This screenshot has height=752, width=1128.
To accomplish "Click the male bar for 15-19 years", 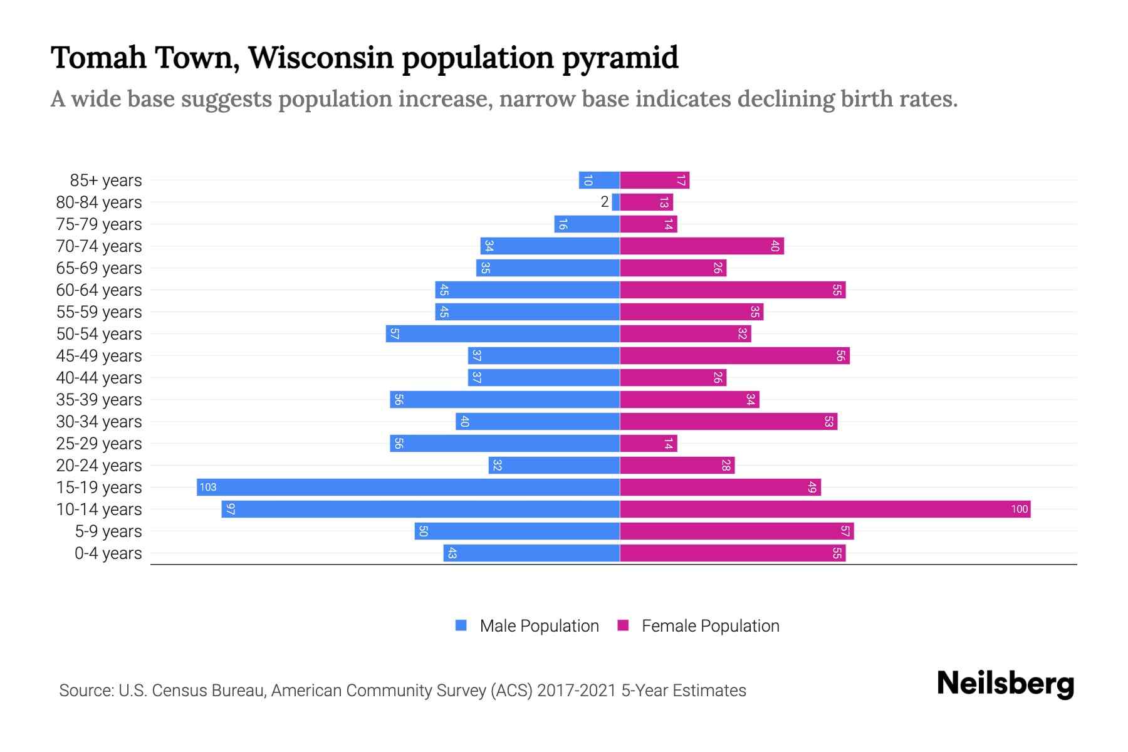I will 407,488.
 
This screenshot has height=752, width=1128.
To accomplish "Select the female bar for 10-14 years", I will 825,509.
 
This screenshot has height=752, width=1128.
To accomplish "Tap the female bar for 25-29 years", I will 648,444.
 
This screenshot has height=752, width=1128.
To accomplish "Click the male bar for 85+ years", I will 599,180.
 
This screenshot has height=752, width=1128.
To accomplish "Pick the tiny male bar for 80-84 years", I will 616,202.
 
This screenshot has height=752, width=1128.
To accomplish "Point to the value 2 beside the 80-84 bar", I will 604,202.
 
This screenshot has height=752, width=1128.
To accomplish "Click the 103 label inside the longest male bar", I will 208,488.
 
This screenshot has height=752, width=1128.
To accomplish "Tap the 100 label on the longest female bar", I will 1019,509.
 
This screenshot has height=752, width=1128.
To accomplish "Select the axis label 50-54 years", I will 99,334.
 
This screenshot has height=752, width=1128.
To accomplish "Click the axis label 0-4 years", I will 108,553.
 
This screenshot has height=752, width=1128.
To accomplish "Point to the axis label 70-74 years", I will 99,246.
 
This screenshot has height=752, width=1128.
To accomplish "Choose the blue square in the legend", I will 461,625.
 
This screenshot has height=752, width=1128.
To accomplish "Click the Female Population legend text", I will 710,626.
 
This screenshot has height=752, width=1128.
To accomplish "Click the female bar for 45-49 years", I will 734,356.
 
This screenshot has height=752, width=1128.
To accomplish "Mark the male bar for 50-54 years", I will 503,334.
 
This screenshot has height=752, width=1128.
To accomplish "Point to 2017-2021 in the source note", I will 577,691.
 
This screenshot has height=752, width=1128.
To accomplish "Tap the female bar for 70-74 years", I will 702,246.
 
